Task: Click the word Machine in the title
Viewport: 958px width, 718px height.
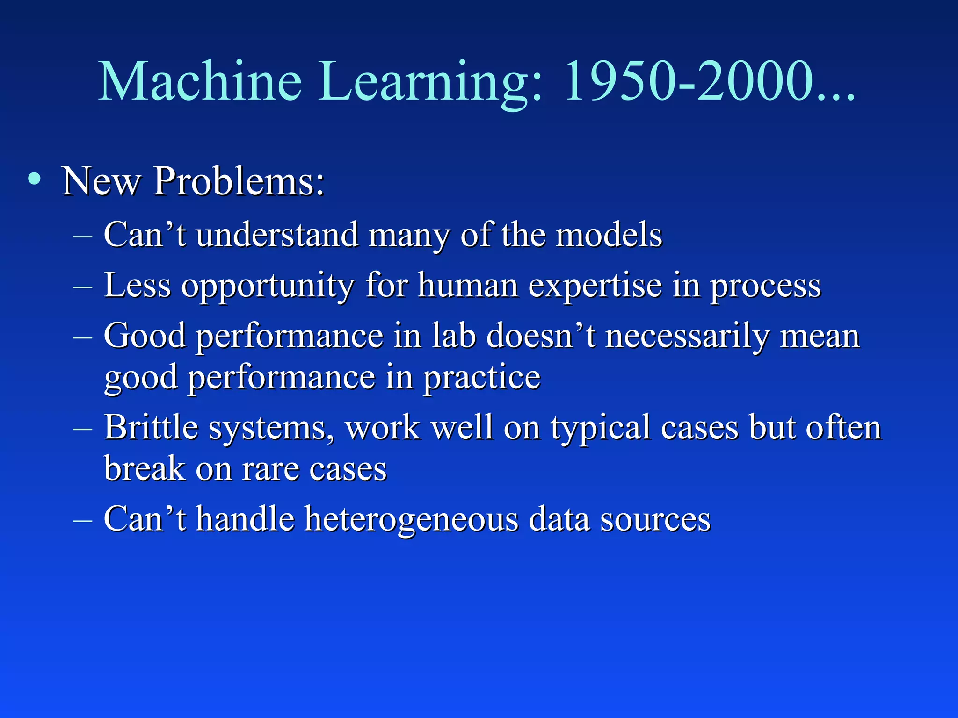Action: [200, 82]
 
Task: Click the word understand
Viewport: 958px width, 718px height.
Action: [276, 235]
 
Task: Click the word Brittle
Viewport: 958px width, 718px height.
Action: [151, 427]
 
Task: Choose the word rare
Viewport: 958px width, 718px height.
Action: [270, 469]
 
